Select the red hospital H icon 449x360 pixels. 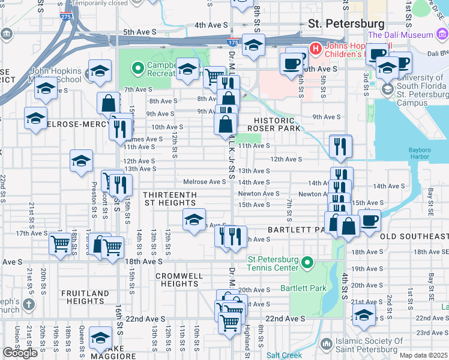(315, 47)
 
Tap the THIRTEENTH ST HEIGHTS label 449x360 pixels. (169, 199)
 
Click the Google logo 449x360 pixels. (20, 353)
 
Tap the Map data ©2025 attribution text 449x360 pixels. (423, 355)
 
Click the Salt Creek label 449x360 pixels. (284, 355)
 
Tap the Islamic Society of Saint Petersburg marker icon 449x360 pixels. (326, 344)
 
